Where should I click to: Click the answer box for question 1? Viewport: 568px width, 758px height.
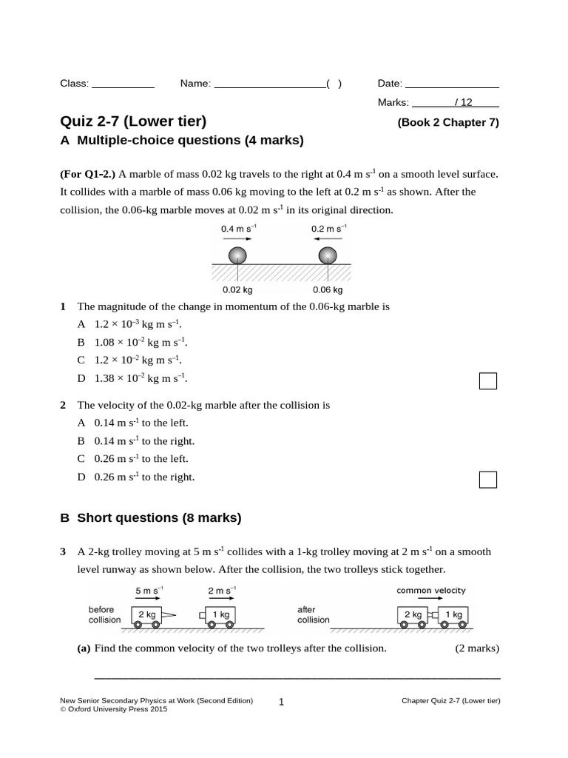487,381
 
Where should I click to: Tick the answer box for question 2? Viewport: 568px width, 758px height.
487,480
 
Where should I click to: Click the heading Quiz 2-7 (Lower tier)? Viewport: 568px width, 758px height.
133,121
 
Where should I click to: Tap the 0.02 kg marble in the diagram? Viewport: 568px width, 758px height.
237,255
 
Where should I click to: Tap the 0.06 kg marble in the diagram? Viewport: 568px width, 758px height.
326,255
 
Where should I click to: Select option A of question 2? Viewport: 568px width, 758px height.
133,423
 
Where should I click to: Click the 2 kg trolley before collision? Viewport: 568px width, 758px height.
146,615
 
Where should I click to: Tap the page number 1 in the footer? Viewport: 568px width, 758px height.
282,702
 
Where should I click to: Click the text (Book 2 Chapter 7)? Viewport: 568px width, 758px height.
448,123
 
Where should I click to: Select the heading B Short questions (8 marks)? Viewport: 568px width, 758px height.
151,518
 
